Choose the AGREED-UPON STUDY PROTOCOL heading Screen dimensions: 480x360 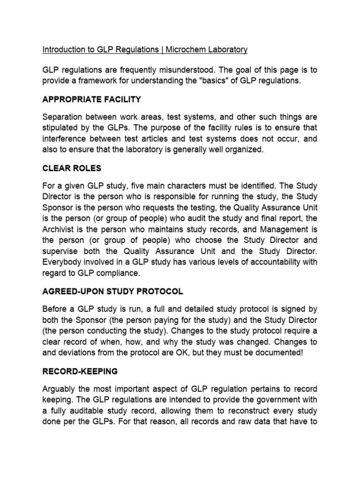click(x=112, y=292)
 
